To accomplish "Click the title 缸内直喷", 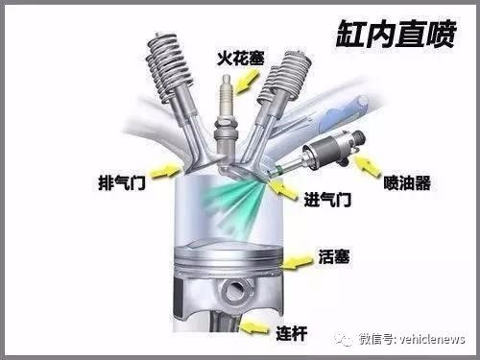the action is point(396,34).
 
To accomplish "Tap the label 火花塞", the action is point(241,59).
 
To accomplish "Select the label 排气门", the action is point(122,182).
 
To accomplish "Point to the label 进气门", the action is point(327,200).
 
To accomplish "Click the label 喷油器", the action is point(407,182).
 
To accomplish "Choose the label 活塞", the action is point(334,256).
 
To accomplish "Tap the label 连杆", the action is point(292,334).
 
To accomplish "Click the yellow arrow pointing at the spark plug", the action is point(247,81).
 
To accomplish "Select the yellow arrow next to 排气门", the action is point(165,170).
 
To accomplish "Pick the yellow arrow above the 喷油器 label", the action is point(368,164).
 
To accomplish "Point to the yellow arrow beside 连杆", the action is point(254,327).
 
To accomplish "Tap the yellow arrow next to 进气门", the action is point(283,189).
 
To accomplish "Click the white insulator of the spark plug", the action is point(226,96).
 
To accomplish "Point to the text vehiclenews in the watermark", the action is point(432,339).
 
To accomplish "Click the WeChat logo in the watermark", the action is point(344,339).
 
